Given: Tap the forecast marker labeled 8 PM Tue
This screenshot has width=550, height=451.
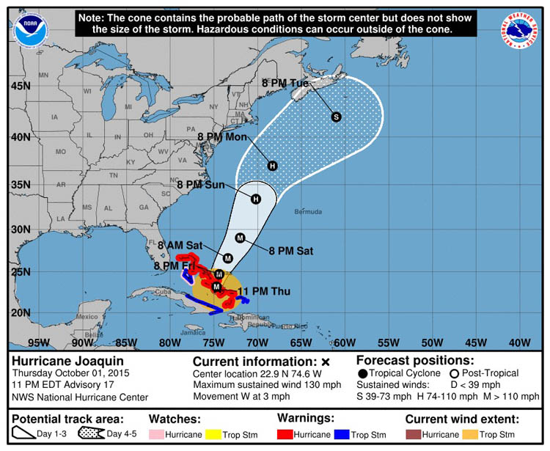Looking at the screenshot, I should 337,116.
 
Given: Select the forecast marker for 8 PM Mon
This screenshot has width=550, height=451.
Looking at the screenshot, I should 273,166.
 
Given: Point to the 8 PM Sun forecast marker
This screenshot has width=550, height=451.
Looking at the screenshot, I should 256,199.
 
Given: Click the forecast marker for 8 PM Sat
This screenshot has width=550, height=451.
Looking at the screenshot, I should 239,237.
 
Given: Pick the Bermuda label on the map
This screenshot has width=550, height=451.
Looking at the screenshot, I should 307,212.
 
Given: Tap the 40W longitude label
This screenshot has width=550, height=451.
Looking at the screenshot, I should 518,341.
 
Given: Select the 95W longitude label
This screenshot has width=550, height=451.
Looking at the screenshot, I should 38,341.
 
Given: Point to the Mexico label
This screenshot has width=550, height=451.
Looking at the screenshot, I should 86,317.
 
